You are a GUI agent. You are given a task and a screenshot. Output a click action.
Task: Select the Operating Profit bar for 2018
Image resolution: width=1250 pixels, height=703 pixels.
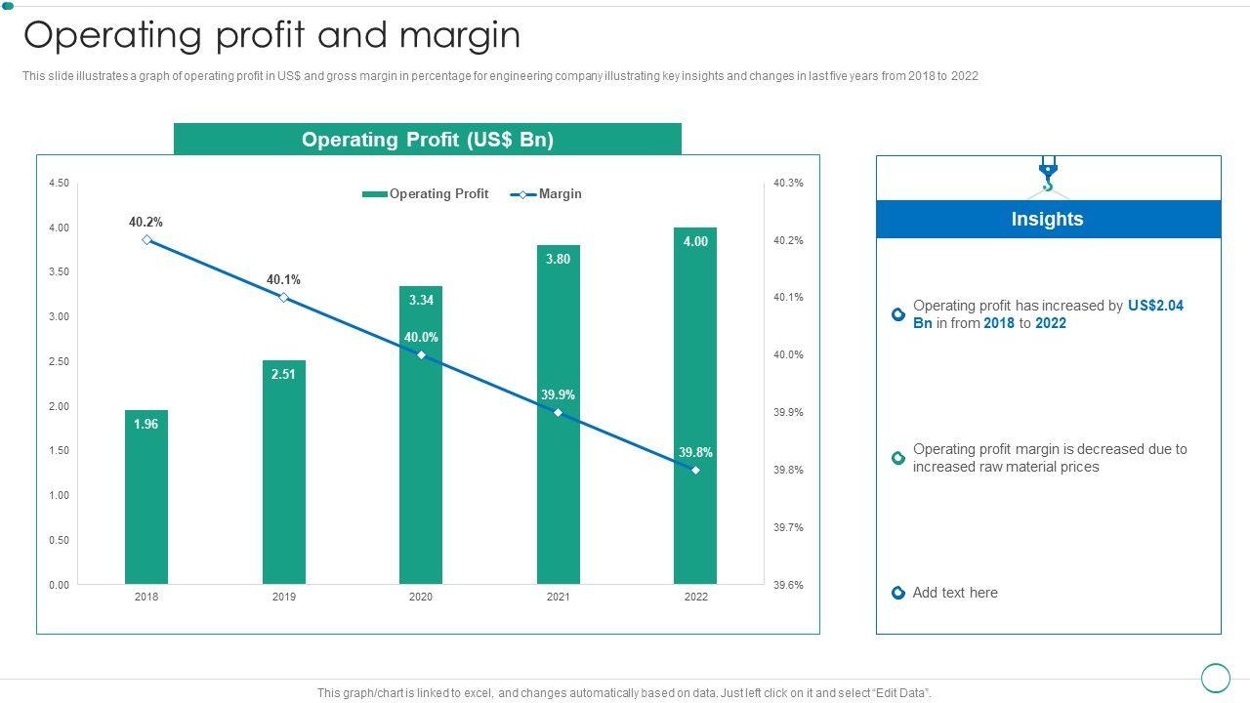pos(146,498)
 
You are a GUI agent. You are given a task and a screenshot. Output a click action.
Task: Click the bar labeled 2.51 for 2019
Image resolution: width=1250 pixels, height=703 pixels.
pos(284,474)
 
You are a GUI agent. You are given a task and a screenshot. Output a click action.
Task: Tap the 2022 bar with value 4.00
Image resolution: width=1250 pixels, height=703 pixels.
pos(695,410)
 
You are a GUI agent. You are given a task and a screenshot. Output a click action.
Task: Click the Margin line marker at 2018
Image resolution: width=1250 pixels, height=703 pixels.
pos(146,240)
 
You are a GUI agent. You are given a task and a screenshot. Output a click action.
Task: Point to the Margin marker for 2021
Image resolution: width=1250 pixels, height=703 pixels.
pos(558,413)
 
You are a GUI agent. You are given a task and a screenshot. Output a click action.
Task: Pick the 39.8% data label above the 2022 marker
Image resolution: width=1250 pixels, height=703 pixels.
pos(695,453)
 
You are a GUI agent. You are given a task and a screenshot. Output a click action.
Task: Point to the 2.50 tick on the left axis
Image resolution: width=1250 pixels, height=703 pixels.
pos(59,361)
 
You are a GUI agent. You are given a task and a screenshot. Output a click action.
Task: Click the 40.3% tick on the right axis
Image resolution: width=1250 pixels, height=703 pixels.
pos(788,183)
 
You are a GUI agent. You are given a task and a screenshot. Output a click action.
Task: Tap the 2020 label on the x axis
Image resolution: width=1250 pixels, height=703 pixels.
pos(421,597)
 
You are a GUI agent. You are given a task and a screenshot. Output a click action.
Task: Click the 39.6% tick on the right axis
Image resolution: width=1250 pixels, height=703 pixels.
pos(788,585)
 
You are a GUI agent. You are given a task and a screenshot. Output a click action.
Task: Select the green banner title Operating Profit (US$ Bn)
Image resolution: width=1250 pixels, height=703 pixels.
pos(428,140)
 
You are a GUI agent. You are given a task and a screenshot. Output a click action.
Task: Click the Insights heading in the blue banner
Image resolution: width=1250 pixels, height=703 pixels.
pos(1047,219)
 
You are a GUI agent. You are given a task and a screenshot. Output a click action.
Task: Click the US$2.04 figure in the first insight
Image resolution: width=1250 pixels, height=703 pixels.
pos(1155,306)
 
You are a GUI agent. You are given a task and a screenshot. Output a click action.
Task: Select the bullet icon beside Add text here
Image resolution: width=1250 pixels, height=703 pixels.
pos(898,593)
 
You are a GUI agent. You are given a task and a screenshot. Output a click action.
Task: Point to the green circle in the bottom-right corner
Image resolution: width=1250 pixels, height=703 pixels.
pos(1215,678)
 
